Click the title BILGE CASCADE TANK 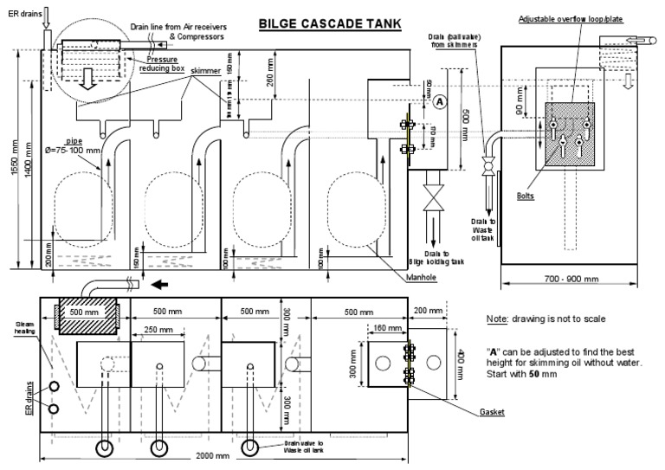point(330,24)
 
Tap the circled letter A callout point(439,101)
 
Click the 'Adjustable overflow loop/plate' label point(571,18)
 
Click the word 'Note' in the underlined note point(496,319)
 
